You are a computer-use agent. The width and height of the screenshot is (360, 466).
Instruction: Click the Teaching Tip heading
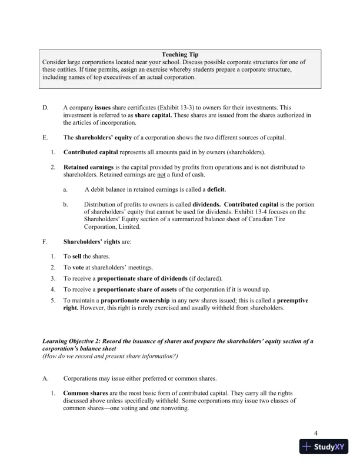click(x=179, y=55)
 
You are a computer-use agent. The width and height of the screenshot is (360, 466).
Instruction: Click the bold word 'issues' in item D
click(x=103, y=108)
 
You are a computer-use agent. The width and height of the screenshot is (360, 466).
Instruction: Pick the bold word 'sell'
click(x=76, y=257)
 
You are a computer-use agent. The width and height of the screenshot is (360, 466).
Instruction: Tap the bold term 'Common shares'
click(x=87, y=392)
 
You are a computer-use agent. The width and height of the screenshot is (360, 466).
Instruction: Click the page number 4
click(x=316, y=434)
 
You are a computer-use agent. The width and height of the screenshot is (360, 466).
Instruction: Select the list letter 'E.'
click(x=45, y=138)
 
